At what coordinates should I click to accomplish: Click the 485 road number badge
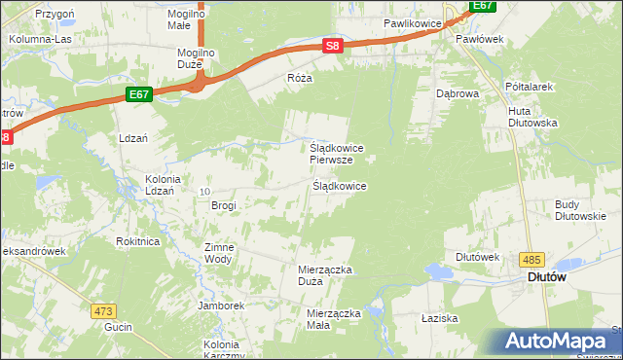coord(531,259)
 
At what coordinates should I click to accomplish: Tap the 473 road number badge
coord(104,311)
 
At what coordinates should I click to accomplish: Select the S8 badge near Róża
coord(333,46)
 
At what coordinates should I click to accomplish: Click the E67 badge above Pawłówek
coord(483,6)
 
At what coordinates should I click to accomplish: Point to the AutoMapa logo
coord(560,342)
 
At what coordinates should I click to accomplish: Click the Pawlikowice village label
coord(413,21)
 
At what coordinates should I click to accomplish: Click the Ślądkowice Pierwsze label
coord(337,153)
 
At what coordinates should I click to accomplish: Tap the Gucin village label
coord(118,328)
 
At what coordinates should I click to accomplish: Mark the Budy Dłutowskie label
coord(580,210)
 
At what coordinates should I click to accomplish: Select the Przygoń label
coord(55,15)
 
